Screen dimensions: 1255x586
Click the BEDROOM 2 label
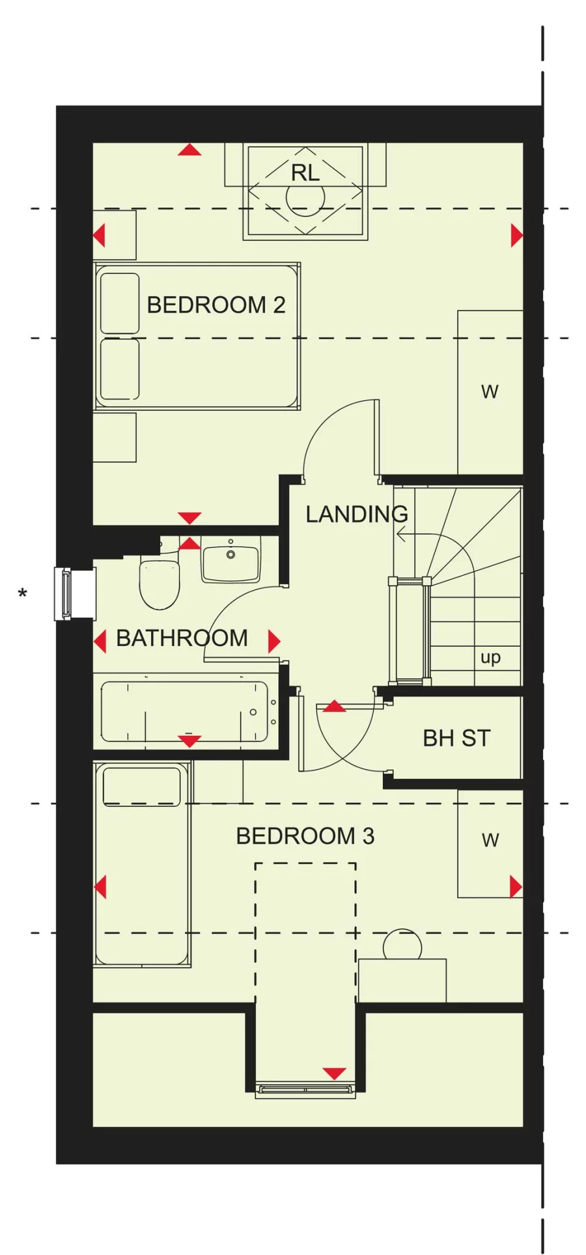click(x=216, y=304)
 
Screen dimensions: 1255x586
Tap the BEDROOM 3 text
click(x=305, y=836)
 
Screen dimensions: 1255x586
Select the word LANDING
click(x=356, y=515)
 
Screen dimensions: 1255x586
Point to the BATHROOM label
click(x=182, y=638)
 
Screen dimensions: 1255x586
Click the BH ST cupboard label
click(x=456, y=738)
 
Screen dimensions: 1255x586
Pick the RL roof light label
click(x=305, y=173)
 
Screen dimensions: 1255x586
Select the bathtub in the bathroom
click(x=184, y=712)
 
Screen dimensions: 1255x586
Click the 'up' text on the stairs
click(x=490, y=658)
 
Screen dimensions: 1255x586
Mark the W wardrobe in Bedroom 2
click(x=490, y=392)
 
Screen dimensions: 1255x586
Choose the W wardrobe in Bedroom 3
click(x=490, y=840)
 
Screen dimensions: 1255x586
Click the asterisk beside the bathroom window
click(x=23, y=594)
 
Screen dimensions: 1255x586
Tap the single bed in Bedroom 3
click(x=142, y=865)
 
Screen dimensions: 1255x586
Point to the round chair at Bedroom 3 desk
click(x=402, y=946)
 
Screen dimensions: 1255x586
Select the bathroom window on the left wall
click(x=66, y=593)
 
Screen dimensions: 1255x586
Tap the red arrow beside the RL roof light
click(x=189, y=150)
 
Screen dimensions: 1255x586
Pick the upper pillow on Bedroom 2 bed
click(x=120, y=303)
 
